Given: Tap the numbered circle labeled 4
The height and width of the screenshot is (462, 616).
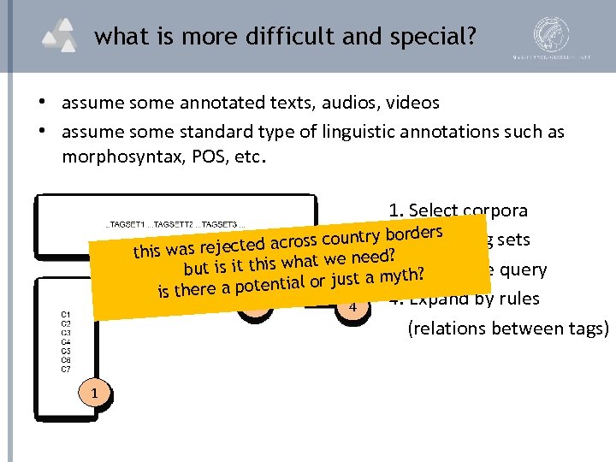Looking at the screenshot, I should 352,305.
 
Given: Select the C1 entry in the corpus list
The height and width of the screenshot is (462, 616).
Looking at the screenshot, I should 66,314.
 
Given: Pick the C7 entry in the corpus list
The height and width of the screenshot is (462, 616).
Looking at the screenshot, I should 66,369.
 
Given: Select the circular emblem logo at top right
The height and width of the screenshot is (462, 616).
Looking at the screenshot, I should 552,34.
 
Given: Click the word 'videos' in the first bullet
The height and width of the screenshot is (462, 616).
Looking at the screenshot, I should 411,104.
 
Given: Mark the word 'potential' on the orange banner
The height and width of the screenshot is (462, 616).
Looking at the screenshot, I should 270,284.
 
